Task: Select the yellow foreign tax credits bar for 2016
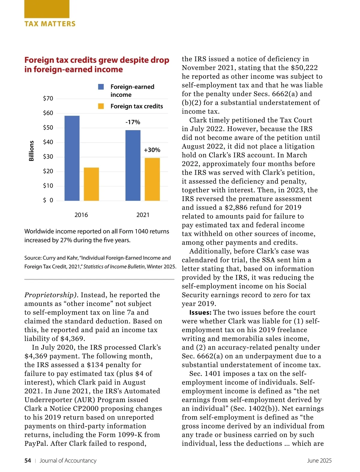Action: point(91,184)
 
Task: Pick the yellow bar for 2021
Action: point(152,179)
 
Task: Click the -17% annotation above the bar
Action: point(133,122)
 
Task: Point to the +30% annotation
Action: point(152,150)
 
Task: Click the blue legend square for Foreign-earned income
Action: point(101,87)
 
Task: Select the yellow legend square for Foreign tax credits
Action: point(101,106)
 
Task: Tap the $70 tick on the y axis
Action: point(48,98)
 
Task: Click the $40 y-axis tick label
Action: point(48,142)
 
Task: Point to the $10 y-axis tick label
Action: point(48,186)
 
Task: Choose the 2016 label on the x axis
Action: point(81,215)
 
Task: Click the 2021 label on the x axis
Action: point(143,215)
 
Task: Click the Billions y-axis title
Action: point(31,151)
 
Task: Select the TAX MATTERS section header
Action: point(50,24)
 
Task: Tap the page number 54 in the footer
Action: point(28,461)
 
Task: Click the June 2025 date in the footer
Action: point(319,461)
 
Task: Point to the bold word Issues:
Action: point(200,313)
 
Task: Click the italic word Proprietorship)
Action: point(51,295)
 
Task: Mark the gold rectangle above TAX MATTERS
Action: point(47,9)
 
